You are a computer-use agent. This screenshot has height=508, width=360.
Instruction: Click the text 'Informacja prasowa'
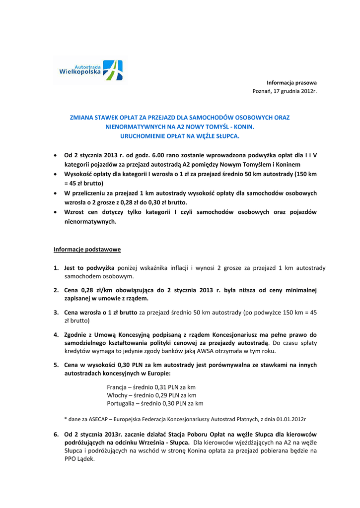point(291,82)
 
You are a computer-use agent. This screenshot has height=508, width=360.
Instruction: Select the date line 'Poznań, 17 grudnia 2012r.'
point(285,92)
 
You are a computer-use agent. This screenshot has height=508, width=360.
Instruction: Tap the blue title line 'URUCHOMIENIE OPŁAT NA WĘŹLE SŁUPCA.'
point(180,135)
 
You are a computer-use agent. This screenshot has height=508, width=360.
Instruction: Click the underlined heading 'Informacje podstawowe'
point(87,249)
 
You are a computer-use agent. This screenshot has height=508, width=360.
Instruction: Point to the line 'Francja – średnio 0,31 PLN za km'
point(151,386)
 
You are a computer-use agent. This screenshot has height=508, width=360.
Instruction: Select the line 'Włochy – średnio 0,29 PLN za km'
point(151,395)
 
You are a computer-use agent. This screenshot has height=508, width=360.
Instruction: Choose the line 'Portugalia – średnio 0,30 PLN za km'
point(155,403)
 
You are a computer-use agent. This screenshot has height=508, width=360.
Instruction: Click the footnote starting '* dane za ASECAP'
point(185,419)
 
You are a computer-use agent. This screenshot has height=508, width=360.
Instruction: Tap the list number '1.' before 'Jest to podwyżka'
point(56,268)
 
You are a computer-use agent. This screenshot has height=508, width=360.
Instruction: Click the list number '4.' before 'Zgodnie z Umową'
point(56,334)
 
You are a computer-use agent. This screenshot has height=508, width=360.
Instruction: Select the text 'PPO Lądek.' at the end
point(79,459)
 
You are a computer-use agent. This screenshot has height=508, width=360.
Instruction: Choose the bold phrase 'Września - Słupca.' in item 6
point(165,442)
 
